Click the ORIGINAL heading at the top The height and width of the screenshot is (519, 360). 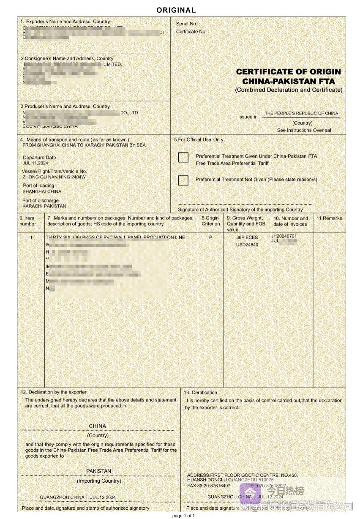[x=176, y=10]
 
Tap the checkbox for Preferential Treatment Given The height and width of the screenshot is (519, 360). [x=183, y=158]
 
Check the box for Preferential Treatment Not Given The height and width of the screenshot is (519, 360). [x=183, y=180]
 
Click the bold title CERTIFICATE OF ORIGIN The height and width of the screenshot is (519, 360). [x=288, y=72]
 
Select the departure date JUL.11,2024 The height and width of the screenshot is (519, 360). [x=35, y=163]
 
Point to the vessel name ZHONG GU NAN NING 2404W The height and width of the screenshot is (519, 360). [x=54, y=177]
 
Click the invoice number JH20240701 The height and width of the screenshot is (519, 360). [x=284, y=236]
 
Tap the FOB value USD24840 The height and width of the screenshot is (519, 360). [x=247, y=245]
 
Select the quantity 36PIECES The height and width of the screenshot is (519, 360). [x=247, y=238]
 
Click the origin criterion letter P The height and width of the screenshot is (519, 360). [x=211, y=238]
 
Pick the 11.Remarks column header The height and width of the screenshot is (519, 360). [x=329, y=219]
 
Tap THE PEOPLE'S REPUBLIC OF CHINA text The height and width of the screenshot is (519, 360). [x=301, y=113]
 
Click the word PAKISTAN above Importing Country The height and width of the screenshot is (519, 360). [x=99, y=471]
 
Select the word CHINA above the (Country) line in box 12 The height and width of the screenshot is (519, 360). [x=98, y=426]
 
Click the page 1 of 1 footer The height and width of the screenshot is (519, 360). [x=183, y=516]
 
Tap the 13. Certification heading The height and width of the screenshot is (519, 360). [x=200, y=393]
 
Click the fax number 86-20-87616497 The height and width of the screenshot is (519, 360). [x=213, y=486]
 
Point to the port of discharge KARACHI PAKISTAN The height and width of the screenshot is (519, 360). [x=44, y=206]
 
